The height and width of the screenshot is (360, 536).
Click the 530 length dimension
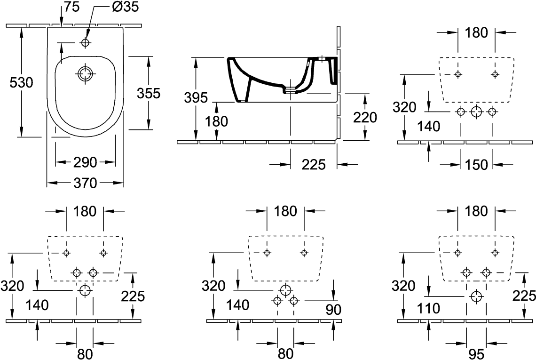click(21, 82)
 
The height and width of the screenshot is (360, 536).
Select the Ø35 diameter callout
click(126, 7)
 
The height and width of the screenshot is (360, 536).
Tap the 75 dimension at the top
click(71, 7)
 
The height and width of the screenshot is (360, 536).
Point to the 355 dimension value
click(149, 93)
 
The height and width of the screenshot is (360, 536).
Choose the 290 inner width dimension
click(85, 162)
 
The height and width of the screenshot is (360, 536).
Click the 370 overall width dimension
click(85, 183)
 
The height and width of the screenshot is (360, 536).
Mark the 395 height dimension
click(196, 98)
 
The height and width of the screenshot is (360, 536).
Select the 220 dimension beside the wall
click(365, 117)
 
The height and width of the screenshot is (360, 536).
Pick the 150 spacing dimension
click(476, 165)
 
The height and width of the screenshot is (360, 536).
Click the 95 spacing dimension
click(476, 354)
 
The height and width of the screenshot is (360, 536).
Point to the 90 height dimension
click(333, 309)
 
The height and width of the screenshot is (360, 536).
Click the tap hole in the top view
click(85, 42)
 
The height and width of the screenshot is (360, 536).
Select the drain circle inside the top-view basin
click(85, 73)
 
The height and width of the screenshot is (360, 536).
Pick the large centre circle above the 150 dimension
click(476, 112)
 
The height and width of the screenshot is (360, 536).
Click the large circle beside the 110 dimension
click(476, 296)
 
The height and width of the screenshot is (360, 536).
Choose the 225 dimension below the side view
click(314, 165)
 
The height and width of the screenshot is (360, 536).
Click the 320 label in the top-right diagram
click(404, 107)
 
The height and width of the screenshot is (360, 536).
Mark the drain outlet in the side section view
click(290, 90)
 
